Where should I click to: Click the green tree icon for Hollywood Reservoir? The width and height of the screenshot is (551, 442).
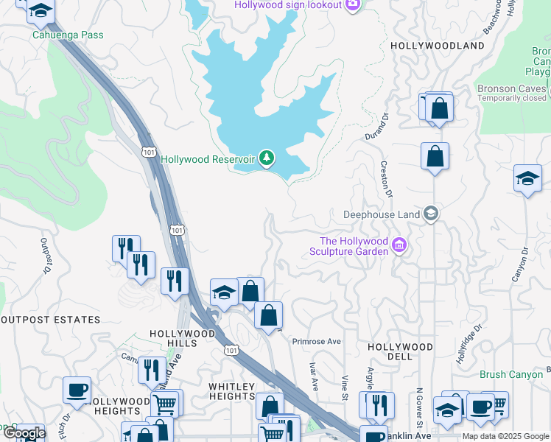click(267, 158)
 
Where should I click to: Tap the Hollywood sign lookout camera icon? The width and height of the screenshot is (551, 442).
click(353, 5)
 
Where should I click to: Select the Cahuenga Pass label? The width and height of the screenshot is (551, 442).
click(68, 35)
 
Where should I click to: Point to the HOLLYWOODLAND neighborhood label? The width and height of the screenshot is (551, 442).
click(438, 46)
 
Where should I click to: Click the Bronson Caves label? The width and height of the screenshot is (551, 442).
click(507, 88)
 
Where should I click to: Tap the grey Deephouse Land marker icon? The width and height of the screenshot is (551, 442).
click(431, 214)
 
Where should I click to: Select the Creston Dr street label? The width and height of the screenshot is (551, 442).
click(384, 179)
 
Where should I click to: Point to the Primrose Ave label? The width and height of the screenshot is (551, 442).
click(317, 342)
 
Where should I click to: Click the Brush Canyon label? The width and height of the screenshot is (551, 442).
click(510, 374)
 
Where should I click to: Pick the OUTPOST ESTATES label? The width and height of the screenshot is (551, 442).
click(50, 320)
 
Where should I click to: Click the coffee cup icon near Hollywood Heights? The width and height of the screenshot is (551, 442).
click(77, 390)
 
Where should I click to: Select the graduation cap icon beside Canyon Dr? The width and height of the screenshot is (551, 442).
click(527, 178)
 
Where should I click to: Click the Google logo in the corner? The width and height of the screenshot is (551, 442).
click(24, 433)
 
